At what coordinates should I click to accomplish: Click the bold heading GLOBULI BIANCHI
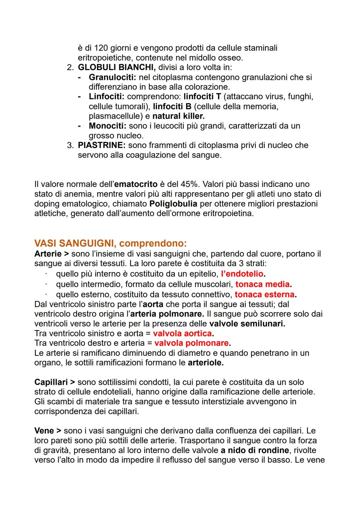click(116, 67)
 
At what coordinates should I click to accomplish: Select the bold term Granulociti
click(112, 77)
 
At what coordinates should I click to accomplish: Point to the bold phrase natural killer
click(178, 116)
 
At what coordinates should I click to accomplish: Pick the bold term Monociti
click(107, 126)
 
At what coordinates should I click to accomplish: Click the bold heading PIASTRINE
click(101, 145)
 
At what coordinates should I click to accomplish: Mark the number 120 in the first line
click(101, 48)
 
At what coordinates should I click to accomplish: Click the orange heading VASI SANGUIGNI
click(72, 243)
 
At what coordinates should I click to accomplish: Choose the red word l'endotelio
click(242, 274)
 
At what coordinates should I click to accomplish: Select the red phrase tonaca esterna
click(265, 294)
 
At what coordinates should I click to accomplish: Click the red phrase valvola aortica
click(182, 333)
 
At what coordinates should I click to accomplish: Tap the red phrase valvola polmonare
click(192, 343)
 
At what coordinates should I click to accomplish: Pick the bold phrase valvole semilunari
click(247, 323)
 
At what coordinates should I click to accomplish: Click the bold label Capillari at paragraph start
click(51, 382)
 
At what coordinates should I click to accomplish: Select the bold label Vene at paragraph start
click(44, 431)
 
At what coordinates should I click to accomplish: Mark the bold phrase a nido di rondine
click(255, 450)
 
